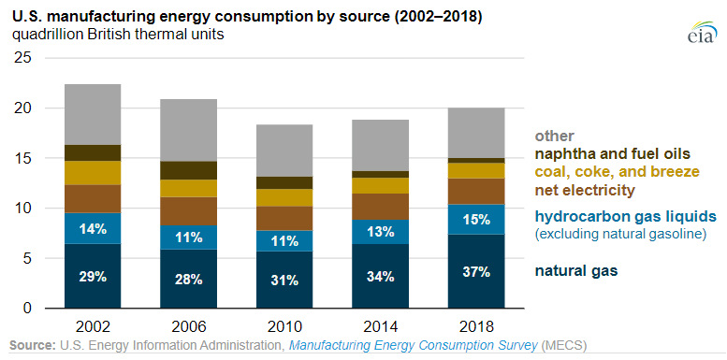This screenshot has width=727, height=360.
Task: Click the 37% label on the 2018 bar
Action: click(x=476, y=272)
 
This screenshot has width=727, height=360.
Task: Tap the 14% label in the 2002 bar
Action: click(x=93, y=229)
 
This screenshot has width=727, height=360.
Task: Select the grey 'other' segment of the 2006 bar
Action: click(x=189, y=130)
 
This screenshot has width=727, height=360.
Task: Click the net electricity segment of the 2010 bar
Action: click(x=284, y=218)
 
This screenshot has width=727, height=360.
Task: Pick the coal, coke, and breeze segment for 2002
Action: click(x=93, y=173)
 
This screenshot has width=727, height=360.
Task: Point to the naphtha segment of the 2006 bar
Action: click(x=189, y=170)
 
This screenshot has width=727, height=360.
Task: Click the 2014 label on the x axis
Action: click(x=380, y=326)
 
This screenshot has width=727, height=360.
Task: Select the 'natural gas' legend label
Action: click(x=576, y=271)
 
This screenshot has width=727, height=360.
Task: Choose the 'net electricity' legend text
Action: click(x=585, y=190)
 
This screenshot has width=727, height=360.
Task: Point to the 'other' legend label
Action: click(x=555, y=136)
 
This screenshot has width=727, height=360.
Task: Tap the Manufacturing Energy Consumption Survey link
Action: click(x=414, y=345)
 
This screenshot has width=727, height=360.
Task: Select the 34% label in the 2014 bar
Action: click(x=380, y=277)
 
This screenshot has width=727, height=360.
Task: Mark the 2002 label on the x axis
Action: click(x=93, y=326)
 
